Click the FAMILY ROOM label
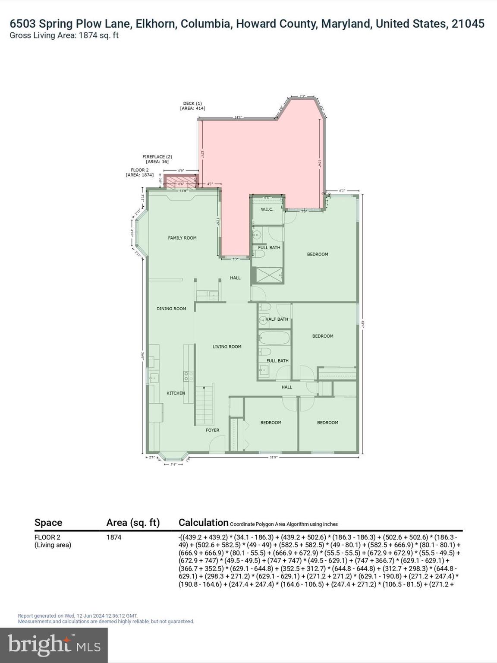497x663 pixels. tap(182, 238)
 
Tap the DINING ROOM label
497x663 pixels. tap(171, 309)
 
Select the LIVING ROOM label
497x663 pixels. tap(227, 347)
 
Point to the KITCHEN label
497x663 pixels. tap(176, 393)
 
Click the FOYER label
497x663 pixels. tap(212, 430)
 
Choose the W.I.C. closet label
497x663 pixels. tap(267, 210)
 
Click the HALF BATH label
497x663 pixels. tap(277, 319)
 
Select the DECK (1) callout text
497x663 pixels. tap(192, 106)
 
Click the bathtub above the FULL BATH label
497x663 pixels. tap(274, 338)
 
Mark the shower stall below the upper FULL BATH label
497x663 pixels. tap(267, 275)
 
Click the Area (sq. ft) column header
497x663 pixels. tap(133, 523)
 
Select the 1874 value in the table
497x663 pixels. tap(114, 537)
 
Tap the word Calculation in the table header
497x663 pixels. tap(203, 523)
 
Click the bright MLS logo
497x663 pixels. tap(54, 645)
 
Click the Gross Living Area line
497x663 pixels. tap(64, 35)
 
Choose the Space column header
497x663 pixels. tap(48, 523)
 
